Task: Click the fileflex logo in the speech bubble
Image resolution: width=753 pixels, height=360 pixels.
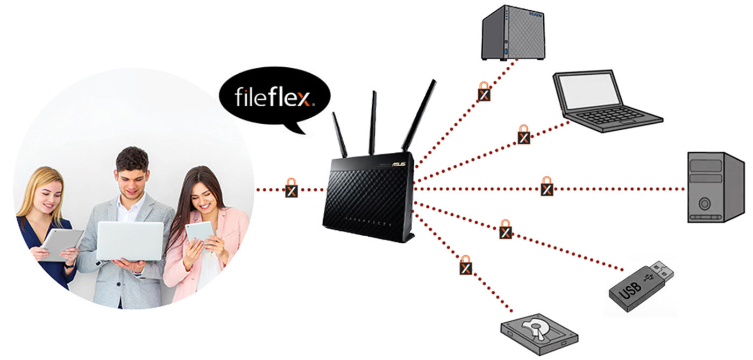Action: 274,97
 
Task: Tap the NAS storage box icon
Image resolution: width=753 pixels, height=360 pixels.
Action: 513,33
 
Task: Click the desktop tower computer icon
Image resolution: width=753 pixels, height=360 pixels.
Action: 715,187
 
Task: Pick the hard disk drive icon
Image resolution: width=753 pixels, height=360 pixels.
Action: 539,334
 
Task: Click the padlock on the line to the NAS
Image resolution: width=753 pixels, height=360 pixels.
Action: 484,91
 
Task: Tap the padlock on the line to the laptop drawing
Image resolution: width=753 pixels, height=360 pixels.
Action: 524,135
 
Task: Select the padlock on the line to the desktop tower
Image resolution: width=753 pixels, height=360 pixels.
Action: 547,186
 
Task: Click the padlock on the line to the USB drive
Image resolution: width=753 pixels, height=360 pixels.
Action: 506,229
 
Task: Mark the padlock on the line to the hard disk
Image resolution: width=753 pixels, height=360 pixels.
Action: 466,265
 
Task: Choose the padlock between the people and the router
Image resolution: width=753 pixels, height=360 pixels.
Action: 292,188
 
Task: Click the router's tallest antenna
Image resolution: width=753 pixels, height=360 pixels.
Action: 419,115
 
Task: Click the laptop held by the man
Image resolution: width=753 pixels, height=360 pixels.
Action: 130,241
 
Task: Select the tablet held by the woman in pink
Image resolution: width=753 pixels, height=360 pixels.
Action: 201,235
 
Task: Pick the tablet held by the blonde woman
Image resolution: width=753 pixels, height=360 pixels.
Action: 61,245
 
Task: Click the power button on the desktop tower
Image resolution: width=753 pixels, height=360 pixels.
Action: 704,203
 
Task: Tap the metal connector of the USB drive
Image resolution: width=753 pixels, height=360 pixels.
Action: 661,271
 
